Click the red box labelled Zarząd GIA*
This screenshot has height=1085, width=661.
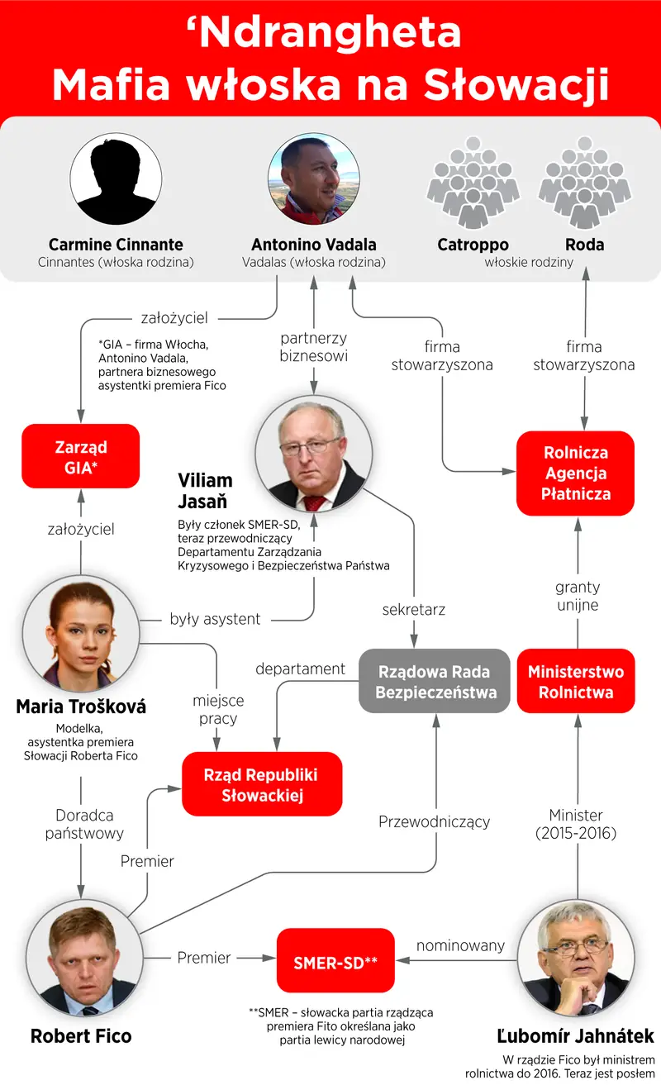tap(80, 456)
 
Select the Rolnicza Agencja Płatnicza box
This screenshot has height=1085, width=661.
tap(575, 473)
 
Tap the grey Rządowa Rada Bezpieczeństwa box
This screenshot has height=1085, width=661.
tap(435, 681)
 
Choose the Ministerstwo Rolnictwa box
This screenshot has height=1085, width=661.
tap(576, 681)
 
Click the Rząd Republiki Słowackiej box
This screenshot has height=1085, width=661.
tap(262, 784)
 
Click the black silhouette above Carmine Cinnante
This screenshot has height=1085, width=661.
tap(117, 179)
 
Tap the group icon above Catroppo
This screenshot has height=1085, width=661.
tap(473, 182)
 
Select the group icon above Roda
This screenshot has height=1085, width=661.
tap(585, 182)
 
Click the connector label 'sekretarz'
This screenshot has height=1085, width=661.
tap(414, 609)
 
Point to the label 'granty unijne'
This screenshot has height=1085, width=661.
tap(578, 596)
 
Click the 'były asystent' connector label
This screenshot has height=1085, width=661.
tap(215, 619)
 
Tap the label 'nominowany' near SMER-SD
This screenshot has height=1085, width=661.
tap(460, 945)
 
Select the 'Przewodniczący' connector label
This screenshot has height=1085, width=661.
tap(435, 822)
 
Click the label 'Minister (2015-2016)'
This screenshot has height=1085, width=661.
tap(576, 825)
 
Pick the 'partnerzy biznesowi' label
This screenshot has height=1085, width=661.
tap(314, 347)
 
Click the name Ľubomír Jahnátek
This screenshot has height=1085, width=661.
tap(576, 1035)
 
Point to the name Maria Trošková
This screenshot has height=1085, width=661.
tap(81, 707)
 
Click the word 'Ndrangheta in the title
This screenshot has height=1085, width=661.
tap(324, 33)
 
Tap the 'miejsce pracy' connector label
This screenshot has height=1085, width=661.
tap(218, 710)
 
